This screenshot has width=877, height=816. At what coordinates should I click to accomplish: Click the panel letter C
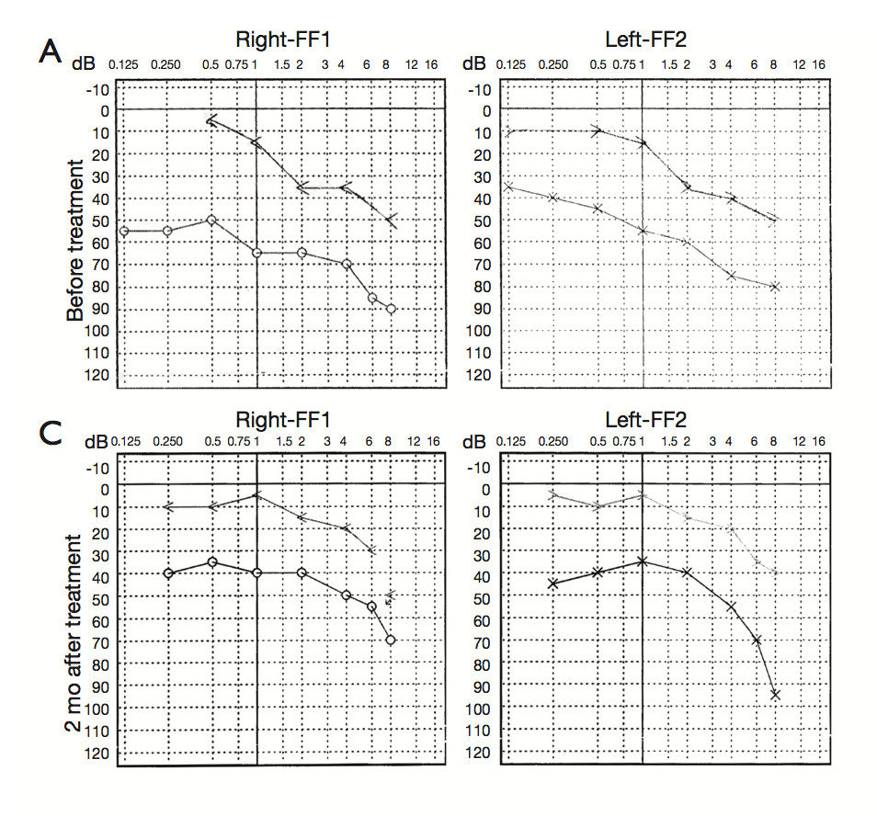(x=51, y=433)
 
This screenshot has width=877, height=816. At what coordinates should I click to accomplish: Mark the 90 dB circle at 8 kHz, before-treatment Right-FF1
(x=392, y=309)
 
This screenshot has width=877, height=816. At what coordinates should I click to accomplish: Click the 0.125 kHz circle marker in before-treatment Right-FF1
(x=123, y=231)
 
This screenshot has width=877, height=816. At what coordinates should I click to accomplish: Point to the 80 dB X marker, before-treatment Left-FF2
(x=776, y=287)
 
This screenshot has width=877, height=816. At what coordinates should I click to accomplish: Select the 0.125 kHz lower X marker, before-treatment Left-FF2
(x=508, y=187)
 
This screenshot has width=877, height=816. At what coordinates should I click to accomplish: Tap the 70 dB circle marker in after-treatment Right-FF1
(x=391, y=640)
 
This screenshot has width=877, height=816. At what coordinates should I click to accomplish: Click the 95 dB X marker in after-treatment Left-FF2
(x=775, y=695)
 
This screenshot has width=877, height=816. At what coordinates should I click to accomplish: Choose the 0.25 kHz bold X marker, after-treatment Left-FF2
(x=552, y=584)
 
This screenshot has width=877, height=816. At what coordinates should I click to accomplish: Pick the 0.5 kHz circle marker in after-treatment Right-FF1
(x=212, y=561)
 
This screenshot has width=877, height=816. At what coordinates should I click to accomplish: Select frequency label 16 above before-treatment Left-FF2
(x=818, y=64)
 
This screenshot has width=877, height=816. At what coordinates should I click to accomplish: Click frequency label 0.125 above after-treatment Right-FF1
(x=125, y=442)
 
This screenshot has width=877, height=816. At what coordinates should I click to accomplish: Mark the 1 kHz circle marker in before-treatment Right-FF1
(x=256, y=253)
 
